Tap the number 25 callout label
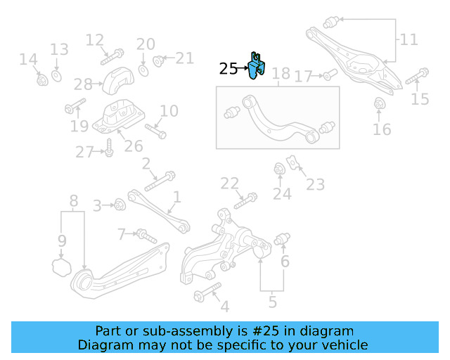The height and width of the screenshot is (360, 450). (x=229, y=68)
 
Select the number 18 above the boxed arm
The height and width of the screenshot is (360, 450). (x=281, y=73)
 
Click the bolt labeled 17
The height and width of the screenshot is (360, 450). (x=330, y=74)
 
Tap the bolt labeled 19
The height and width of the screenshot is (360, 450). (x=75, y=108)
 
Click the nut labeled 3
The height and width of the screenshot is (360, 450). (x=119, y=205)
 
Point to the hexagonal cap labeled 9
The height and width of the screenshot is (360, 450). (x=61, y=266)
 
